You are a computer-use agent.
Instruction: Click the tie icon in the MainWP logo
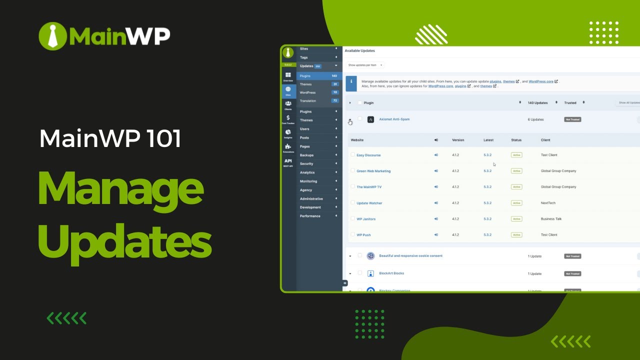coord(52,35)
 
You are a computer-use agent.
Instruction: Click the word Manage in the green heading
coord(120,191)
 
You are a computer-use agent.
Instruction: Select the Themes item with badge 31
coord(306,84)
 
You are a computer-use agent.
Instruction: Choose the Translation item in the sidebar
coord(308,101)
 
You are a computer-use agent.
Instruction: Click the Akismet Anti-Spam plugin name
coord(394,119)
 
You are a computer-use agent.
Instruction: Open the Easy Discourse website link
coord(368,155)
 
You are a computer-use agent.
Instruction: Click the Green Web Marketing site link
coord(373,171)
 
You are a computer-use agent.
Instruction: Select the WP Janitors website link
coord(366,219)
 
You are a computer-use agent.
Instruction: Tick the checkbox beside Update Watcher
coord(352,202)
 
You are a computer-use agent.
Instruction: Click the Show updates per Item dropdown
coord(365,65)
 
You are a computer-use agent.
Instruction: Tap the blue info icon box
coord(351,83)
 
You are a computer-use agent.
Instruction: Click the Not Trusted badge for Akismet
coord(572,119)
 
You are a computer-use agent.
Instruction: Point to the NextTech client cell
coord(548,203)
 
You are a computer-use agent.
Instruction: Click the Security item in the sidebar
coord(306,164)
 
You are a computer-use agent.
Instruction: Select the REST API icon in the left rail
coord(288,162)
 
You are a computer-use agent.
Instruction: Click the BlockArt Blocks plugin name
coord(391,273)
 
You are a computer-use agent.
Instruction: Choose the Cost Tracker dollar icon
coord(288,119)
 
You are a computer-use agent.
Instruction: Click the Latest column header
coord(488,140)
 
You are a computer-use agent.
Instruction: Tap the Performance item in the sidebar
coord(310,216)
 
